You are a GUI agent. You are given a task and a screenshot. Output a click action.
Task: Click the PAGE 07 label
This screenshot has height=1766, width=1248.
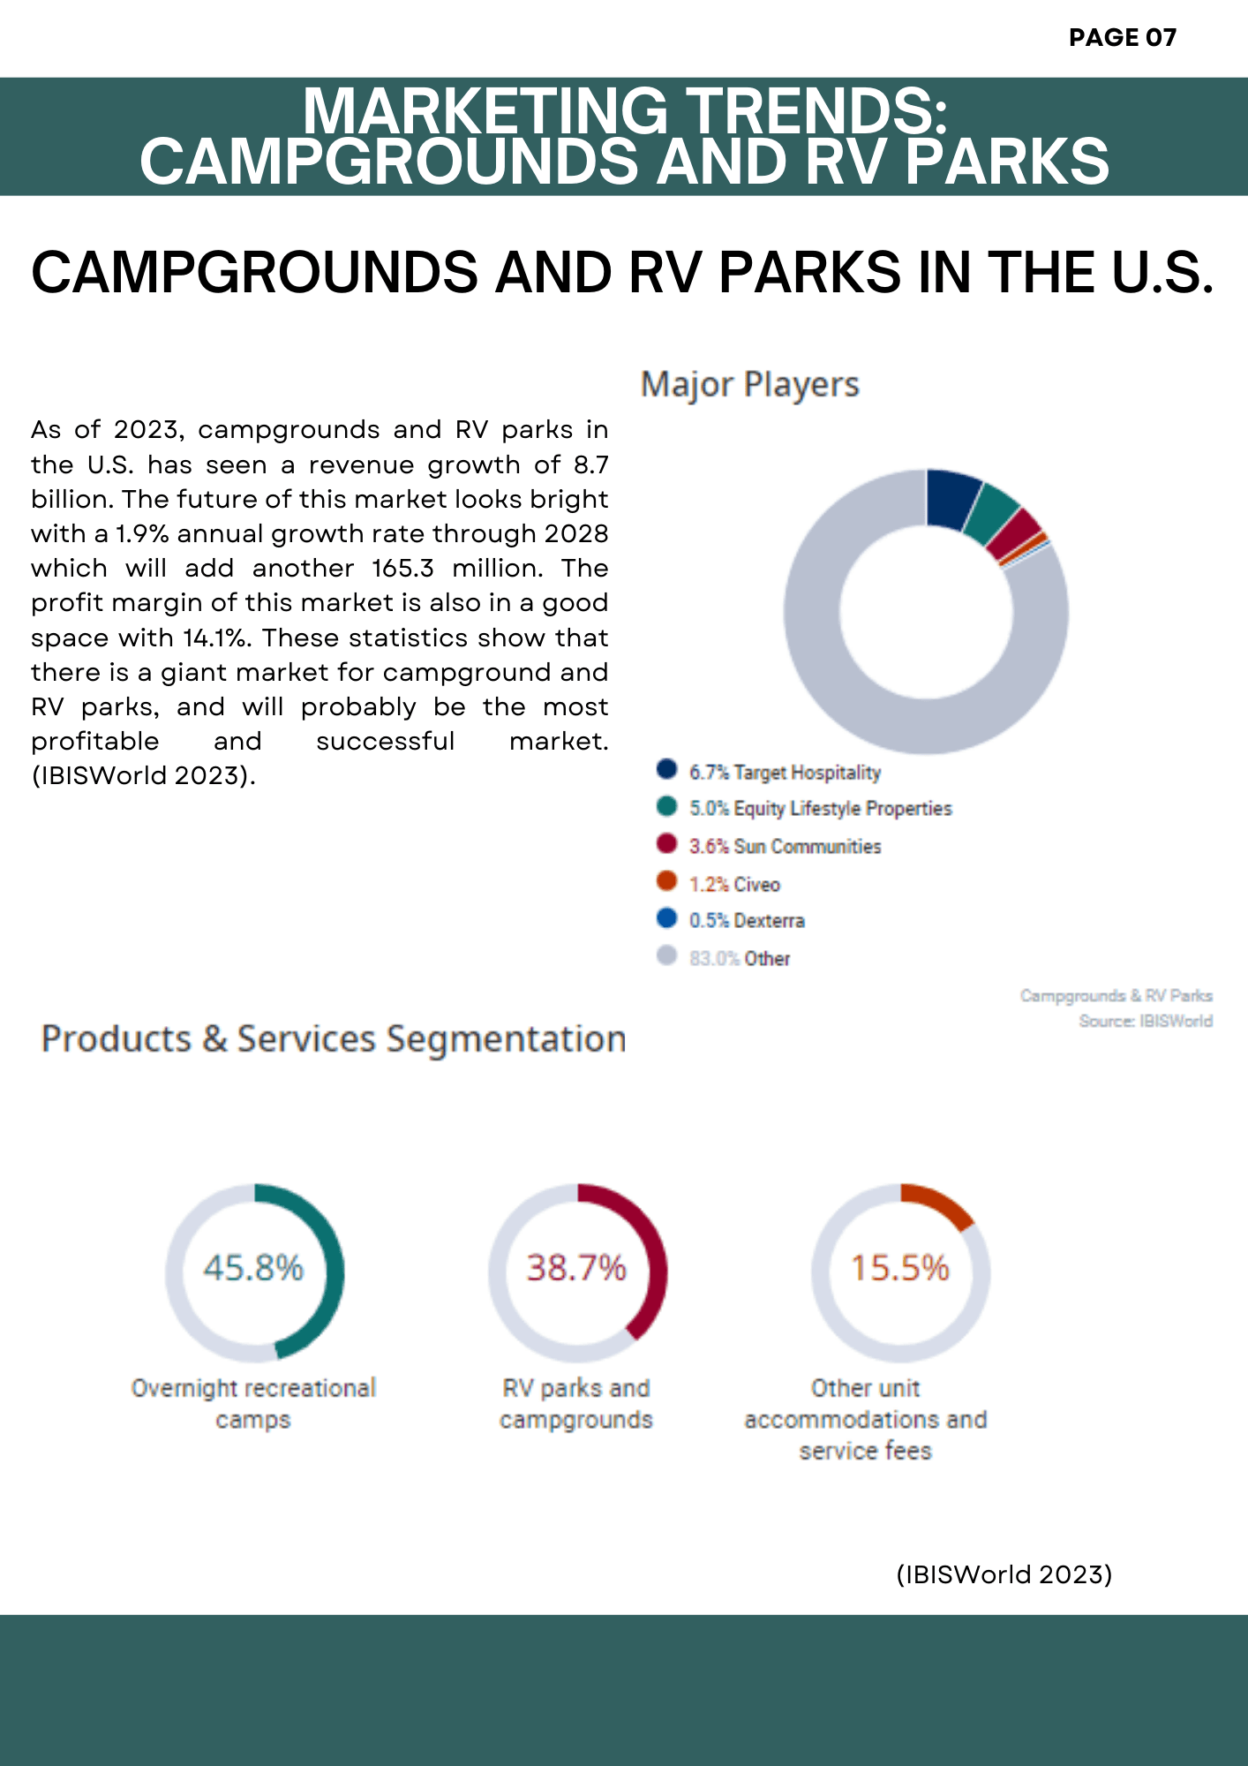1122,37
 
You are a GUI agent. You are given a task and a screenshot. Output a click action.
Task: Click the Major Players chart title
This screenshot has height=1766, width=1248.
749,385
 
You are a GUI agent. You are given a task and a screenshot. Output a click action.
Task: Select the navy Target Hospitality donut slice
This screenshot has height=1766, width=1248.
952,498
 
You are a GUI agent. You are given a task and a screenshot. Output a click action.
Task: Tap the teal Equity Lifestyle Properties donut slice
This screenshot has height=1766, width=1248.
990,515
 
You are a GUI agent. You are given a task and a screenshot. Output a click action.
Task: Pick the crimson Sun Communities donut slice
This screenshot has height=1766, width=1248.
1014,536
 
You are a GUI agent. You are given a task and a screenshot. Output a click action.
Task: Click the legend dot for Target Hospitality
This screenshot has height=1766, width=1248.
666,769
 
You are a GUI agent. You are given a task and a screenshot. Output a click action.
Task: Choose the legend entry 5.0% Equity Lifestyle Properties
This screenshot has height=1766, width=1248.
820,809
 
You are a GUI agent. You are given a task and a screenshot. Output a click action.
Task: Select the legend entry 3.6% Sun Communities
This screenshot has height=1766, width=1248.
785,847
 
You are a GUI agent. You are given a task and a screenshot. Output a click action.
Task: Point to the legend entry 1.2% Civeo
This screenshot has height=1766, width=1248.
734,885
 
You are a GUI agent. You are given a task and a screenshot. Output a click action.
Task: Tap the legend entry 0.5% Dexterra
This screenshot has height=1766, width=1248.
747,921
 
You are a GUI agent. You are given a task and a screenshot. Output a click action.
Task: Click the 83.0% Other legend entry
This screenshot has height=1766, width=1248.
740,959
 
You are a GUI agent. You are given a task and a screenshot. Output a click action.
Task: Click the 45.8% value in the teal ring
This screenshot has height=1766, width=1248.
253,1268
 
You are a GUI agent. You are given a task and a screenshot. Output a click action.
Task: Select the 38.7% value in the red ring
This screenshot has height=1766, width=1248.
576,1268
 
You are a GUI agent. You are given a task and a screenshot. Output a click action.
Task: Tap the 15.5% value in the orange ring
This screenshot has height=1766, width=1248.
899,1268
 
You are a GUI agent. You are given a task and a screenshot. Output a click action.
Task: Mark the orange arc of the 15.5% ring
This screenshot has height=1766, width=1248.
940,1202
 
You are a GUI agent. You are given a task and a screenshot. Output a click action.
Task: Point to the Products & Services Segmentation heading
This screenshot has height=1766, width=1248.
334,1039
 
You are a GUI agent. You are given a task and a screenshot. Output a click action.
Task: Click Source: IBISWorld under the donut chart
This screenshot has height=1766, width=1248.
1145,1022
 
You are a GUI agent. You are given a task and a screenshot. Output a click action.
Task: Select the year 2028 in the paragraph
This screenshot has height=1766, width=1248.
576,533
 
